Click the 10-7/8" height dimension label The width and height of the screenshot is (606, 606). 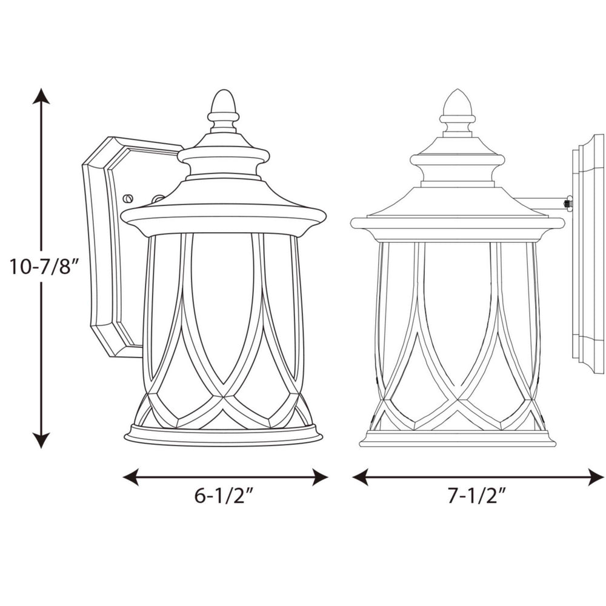[x=44, y=267]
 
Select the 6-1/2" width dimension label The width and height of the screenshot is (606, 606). [x=224, y=498]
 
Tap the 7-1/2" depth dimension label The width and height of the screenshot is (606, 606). [x=477, y=498]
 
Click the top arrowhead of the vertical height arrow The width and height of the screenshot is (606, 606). [x=41, y=96]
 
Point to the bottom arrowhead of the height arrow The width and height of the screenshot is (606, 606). [x=41, y=441]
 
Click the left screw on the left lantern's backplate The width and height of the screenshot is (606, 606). [x=128, y=198]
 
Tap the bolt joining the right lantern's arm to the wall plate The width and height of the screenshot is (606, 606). [x=568, y=204]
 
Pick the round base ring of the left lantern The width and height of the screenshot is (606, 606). [x=223, y=436]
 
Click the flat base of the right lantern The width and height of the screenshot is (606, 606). [x=458, y=439]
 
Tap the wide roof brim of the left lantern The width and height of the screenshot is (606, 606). [x=223, y=215]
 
